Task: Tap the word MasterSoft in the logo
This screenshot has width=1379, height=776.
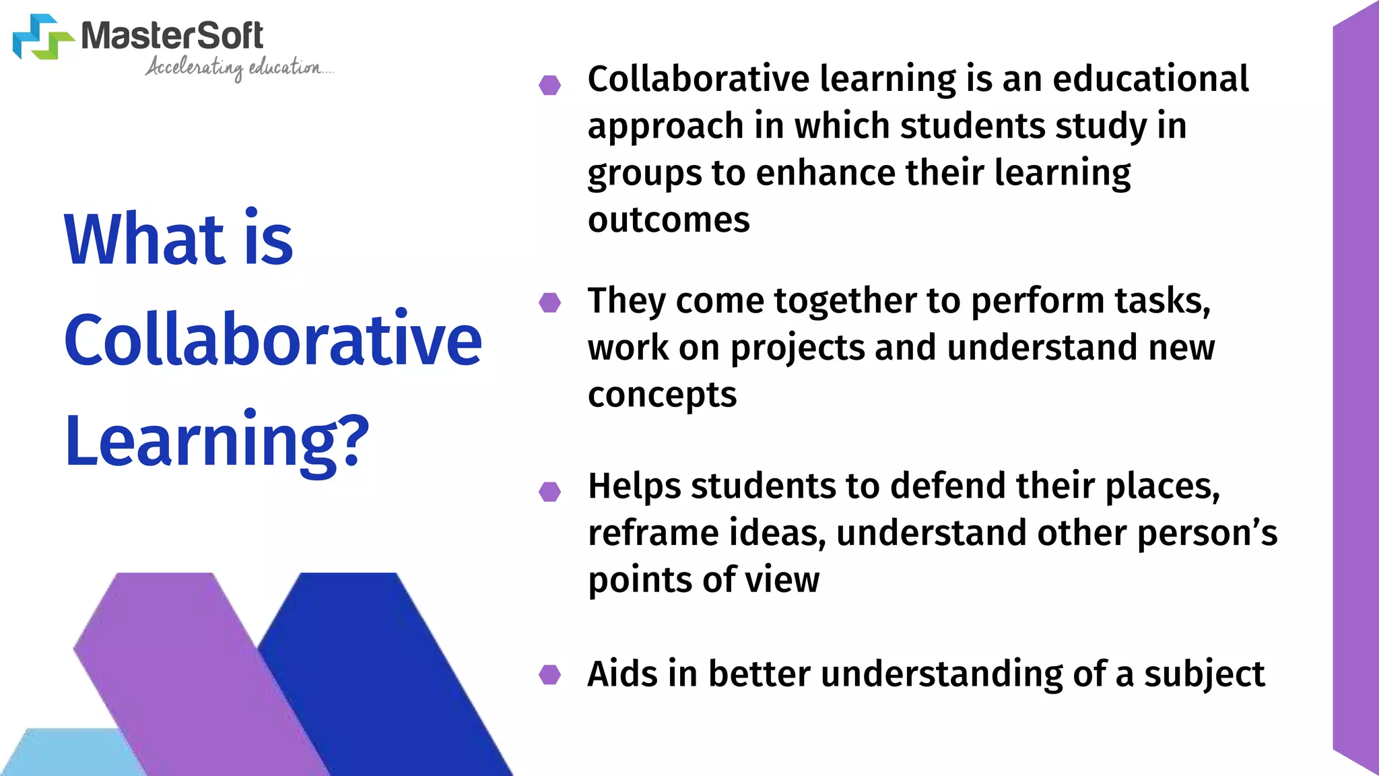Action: [172, 36]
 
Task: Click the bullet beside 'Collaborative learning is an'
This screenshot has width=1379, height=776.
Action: [550, 85]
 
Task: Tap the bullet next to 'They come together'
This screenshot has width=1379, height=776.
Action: [550, 302]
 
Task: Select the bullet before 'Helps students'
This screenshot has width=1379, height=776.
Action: [550, 492]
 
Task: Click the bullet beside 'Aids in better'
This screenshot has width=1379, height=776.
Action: [550, 674]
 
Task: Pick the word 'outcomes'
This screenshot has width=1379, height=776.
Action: [669, 220]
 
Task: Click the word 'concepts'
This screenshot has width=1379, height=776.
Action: [662, 395]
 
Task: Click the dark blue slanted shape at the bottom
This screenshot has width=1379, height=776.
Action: [377, 660]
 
